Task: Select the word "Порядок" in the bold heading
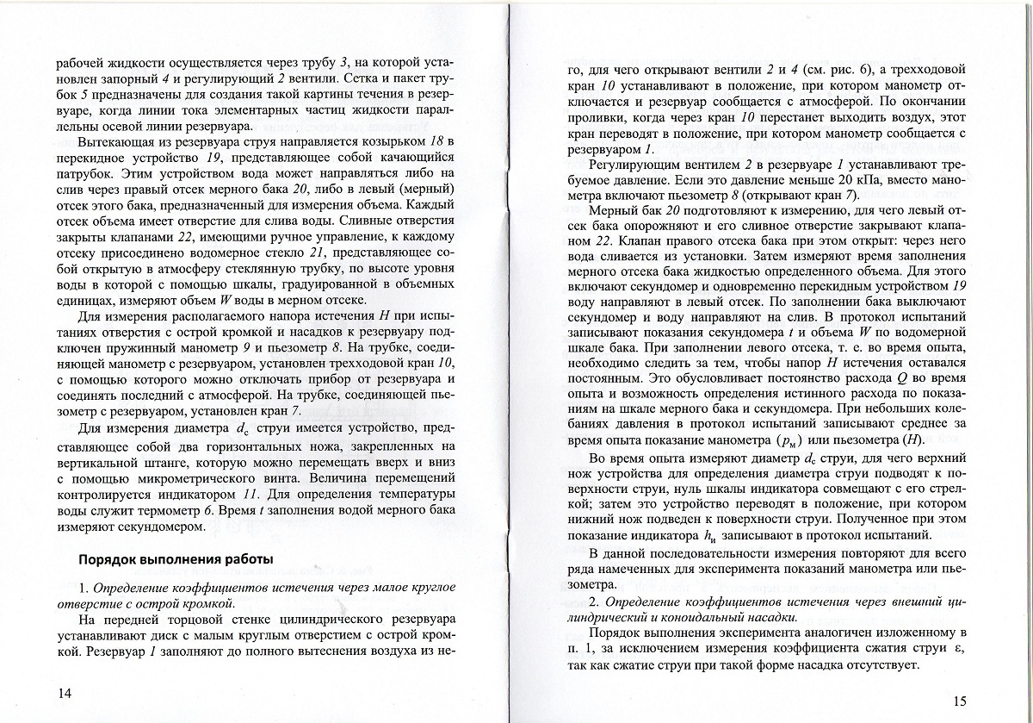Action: point(107,558)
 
